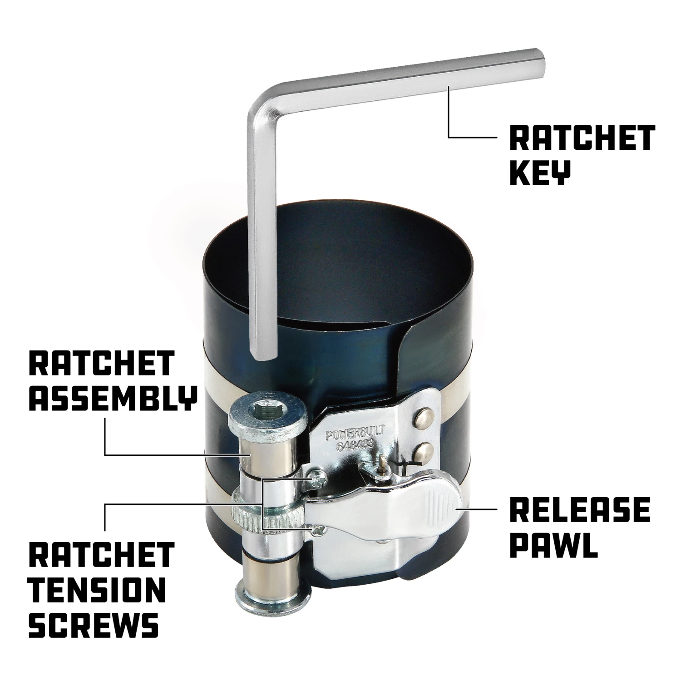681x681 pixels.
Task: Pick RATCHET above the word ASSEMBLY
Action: click(101, 363)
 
